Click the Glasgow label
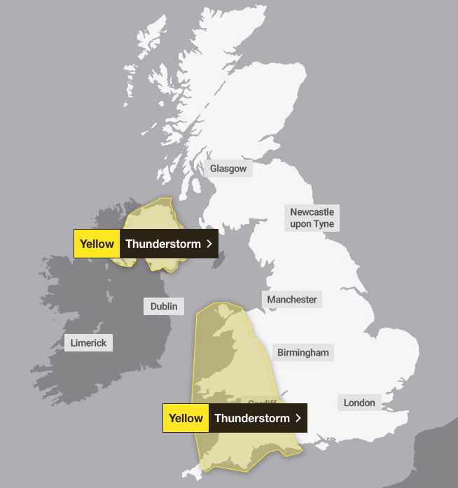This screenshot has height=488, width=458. (x=228, y=169)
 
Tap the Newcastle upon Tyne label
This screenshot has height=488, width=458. (x=312, y=218)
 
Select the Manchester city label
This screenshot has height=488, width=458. (x=292, y=300)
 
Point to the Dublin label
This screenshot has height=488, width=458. (x=164, y=306)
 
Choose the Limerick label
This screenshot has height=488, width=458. (x=88, y=343)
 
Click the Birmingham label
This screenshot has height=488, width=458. (x=303, y=352)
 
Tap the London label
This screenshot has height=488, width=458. (x=359, y=402)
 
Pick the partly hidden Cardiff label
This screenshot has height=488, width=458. (x=262, y=403)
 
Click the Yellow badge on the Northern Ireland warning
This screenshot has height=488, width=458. (x=97, y=244)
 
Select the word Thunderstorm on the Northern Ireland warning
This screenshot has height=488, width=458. (x=163, y=244)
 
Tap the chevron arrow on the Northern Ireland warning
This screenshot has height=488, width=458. (x=209, y=244)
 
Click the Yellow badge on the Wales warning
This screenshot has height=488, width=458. (x=186, y=418)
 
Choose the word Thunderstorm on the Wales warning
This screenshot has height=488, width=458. (x=252, y=418)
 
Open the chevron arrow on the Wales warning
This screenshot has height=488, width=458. (x=298, y=418)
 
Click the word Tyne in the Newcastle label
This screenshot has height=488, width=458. (x=324, y=224)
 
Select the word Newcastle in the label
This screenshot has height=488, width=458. (x=312, y=211)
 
